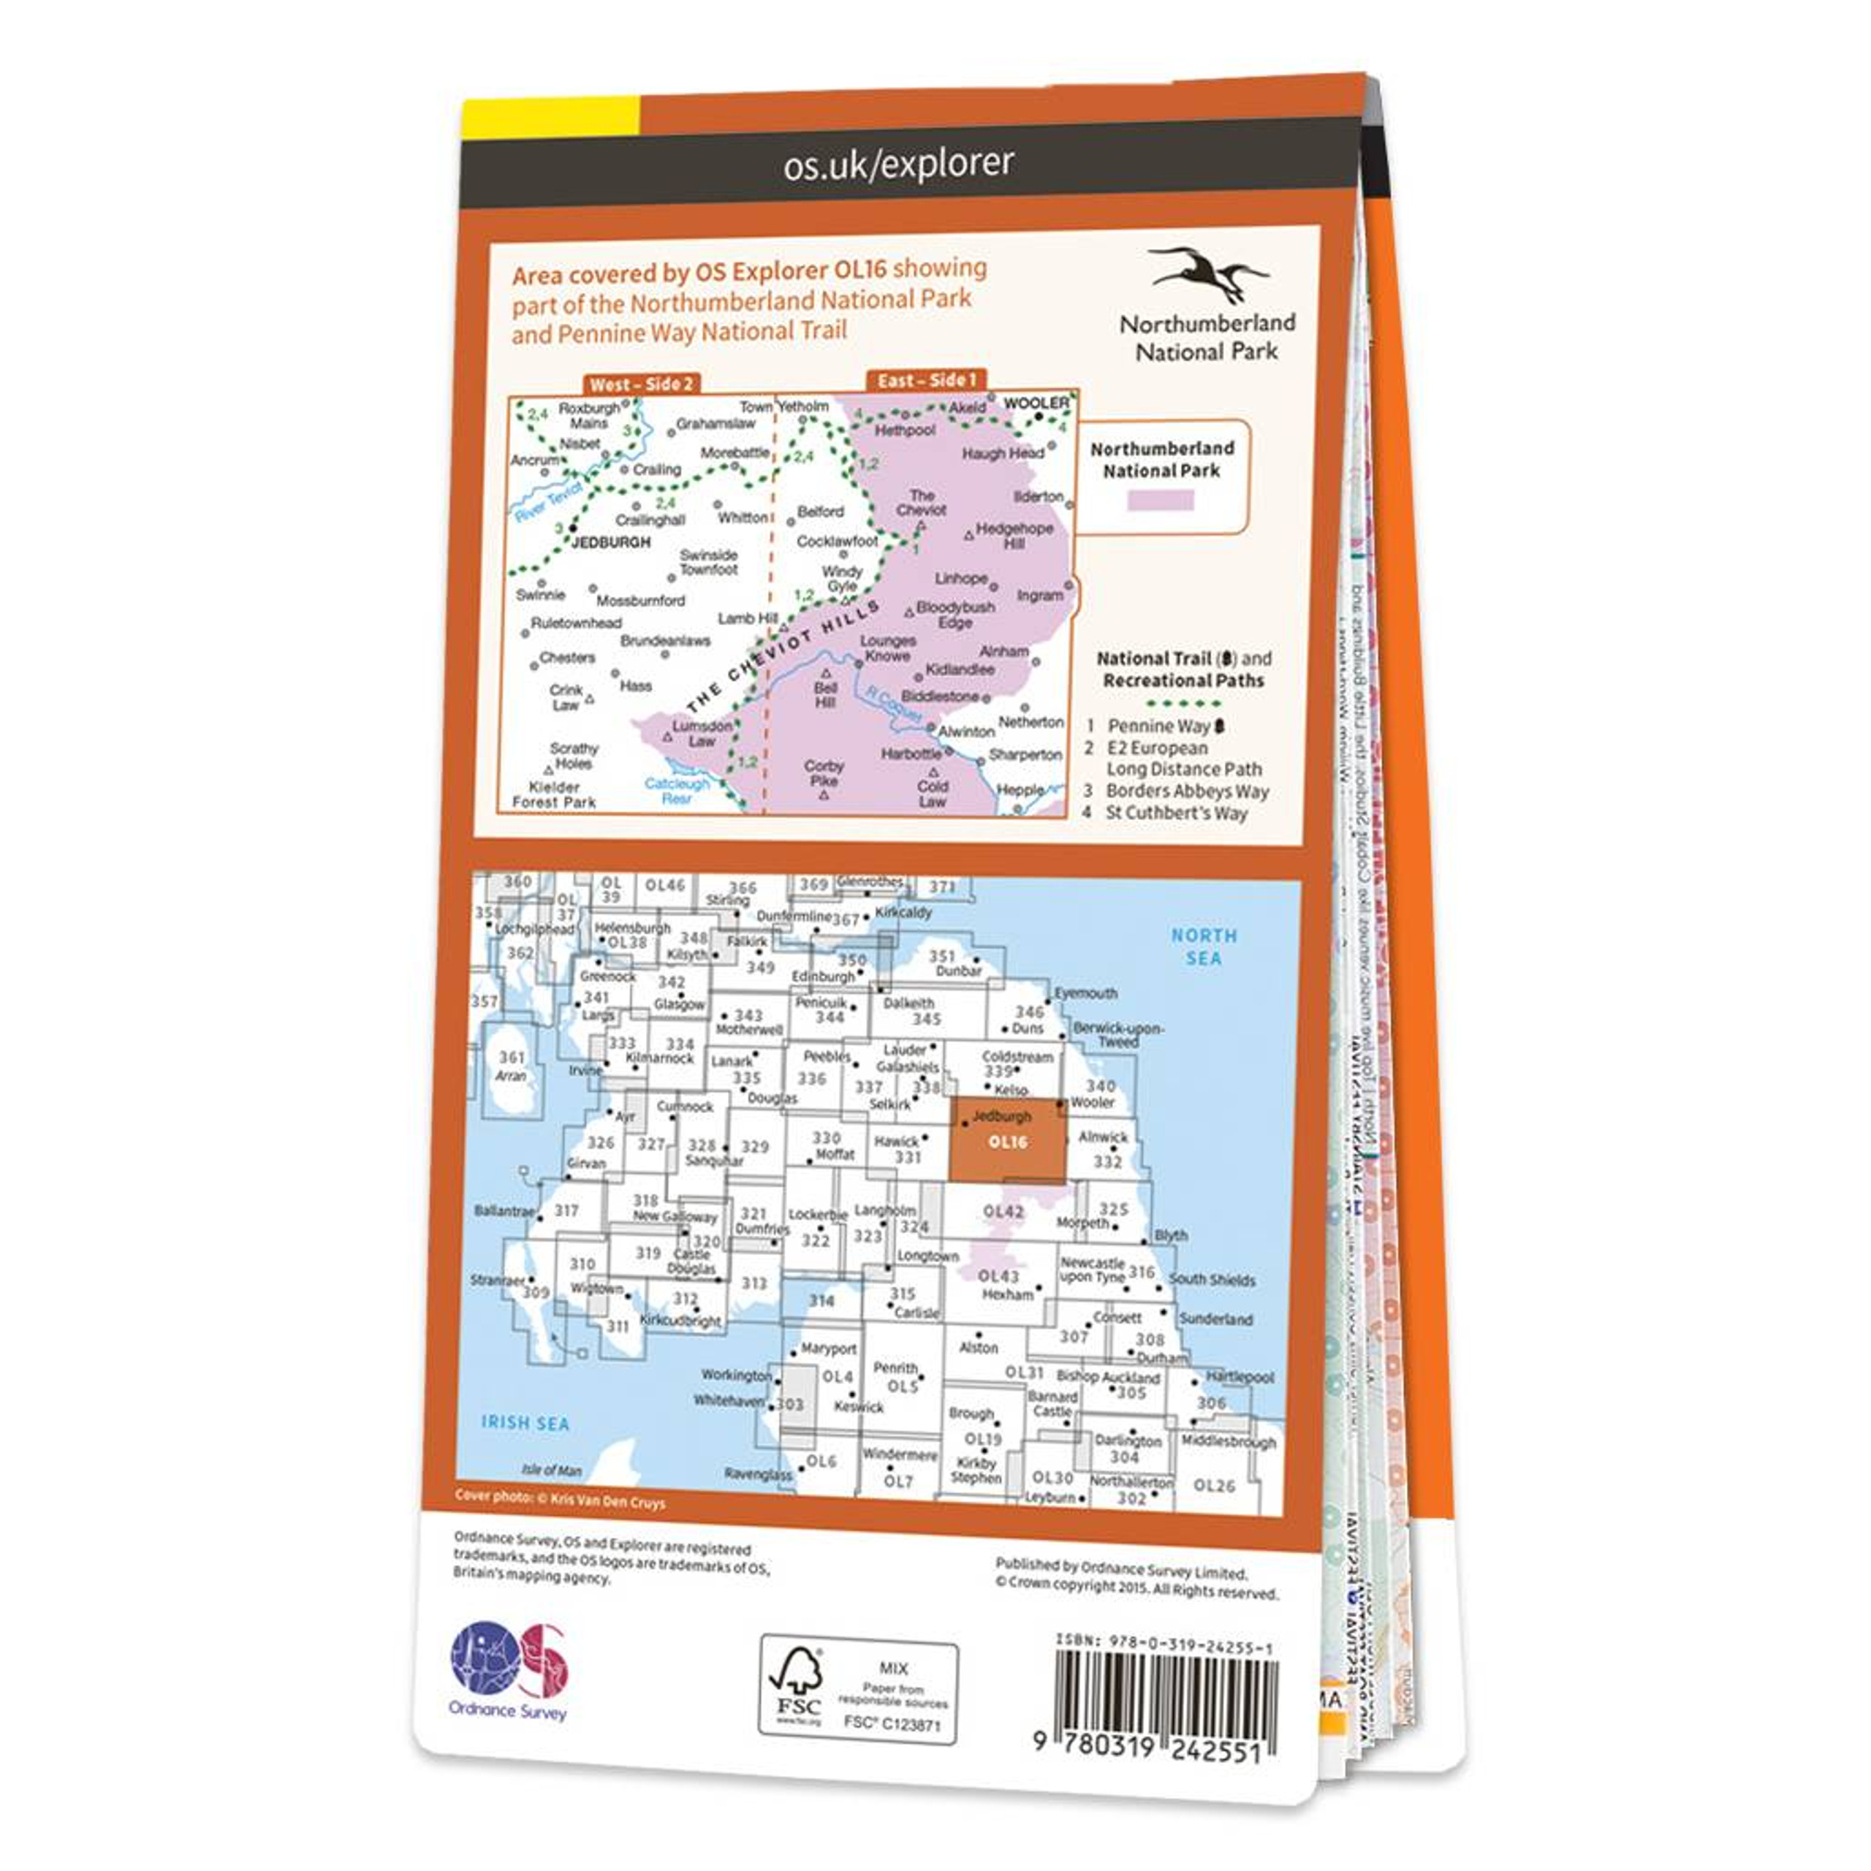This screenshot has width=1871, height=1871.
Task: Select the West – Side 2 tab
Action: (x=641, y=384)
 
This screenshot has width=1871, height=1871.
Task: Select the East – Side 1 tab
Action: (x=926, y=379)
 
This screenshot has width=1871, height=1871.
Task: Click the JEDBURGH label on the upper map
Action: (x=611, y=542)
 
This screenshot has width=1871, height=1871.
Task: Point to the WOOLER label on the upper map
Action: (x=1036, y=402)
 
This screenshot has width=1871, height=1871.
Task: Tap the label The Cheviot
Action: (x=921, y=501)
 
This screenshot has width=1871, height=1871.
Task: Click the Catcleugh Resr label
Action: (x=677, y=790)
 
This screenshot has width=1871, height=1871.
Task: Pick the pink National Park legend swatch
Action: (x=1161, y=500)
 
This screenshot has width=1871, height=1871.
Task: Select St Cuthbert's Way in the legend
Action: (x=1176, y=813)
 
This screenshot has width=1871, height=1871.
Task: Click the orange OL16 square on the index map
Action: (x=1006, y=1141)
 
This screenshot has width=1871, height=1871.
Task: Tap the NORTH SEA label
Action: (x=1203, y=946)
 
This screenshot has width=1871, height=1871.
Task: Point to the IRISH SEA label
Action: (x=525, y=1423)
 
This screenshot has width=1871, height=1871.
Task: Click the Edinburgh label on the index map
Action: (x=823, y=976)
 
